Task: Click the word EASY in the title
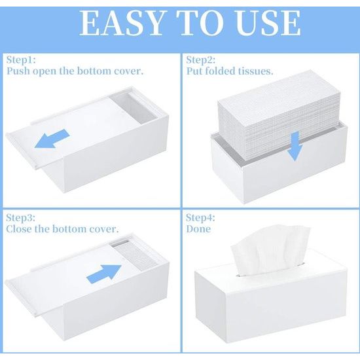[122, 23]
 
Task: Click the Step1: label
[21, 60]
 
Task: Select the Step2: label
[201, 60]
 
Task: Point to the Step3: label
[21, 218]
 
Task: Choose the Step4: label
[200, 218]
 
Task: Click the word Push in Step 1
[18, 71]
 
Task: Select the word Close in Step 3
[19, 229]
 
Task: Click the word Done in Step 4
[198, 229]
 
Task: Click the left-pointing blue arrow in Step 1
[52, 139]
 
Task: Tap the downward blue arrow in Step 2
[295, 146]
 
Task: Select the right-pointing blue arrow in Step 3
[104, 274]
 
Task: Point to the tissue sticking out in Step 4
[270, 249]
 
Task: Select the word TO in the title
[201, 23]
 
